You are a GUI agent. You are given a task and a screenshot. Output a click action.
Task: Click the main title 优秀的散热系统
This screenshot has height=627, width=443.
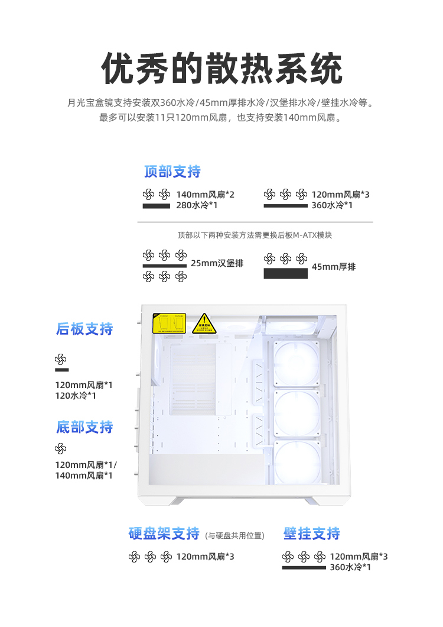point(221,69)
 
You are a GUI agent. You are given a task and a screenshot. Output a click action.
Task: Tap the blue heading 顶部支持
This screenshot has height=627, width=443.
point(172,172)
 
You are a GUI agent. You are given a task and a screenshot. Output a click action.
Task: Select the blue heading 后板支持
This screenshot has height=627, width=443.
point(84,329)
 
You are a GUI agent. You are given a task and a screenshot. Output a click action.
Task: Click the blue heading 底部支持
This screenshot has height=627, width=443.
point(84,427)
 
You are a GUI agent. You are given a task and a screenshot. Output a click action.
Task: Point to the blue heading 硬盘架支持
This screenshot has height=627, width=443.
point(164,534)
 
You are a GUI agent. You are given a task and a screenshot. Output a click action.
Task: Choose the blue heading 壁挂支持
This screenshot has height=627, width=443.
point(312,534)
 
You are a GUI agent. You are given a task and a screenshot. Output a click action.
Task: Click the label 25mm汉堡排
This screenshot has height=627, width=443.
point(217,263)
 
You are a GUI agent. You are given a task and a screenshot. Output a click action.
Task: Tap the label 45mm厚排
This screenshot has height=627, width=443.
point(334,267)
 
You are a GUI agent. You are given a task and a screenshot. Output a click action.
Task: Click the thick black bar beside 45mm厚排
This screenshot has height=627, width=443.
point(285,273)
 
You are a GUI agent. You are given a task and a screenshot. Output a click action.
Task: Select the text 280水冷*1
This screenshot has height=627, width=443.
point(197,205)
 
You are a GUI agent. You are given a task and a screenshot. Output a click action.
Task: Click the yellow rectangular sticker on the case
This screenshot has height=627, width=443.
point(170,323)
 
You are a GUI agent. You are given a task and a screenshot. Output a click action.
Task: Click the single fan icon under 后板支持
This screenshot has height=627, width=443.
point(61,359)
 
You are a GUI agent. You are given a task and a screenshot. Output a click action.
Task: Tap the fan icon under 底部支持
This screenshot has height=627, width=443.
point(61,449)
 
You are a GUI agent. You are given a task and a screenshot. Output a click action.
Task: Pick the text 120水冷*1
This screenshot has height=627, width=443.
point(76,396)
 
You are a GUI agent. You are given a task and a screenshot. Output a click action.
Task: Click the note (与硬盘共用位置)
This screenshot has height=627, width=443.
point(234,536)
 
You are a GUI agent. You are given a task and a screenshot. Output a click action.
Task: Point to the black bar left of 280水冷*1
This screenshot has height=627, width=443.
point(157,206)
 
